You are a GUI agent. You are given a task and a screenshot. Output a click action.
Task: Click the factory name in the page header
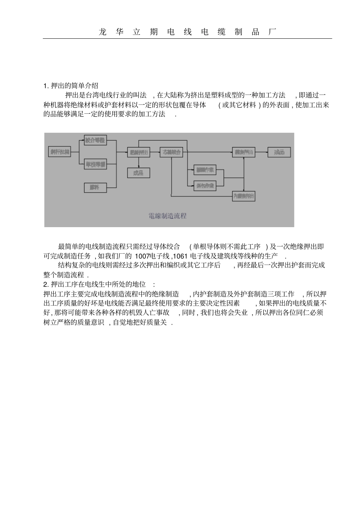pyautogui.click(x=187, y=32)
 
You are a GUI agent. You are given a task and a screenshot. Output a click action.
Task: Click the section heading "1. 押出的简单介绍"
pyautogui.click(x=71, y=85)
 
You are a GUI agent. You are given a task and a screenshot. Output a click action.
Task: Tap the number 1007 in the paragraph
pyautogui.click(x=142, y=256)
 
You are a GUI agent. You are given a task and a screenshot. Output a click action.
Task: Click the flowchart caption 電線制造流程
pyautogui.click(x=167, y=216)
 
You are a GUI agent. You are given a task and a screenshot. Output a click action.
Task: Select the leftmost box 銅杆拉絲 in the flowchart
pyautogui.click(x=59, y=152)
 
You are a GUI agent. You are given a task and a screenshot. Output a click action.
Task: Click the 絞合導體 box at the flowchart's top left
pyautogui.click(x=95, y=140)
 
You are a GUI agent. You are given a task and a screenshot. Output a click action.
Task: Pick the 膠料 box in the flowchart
pyautogui.click(x=95, y=187)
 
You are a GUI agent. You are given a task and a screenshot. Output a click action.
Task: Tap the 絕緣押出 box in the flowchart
pyautogui.click(x=138, y=152)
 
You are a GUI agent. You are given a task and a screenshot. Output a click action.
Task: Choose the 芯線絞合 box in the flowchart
pyautogui.click(x=171, y=152)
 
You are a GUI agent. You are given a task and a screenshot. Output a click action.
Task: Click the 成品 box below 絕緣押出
pyautogui.click(x=138, y=173)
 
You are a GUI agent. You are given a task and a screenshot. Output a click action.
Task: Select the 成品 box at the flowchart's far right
pyautogui.click(x=279, y=152)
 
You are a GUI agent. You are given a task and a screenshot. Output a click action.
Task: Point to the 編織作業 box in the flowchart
pyautogui.click(x=205, y=170)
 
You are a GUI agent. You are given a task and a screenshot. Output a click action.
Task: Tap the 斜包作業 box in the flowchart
pyautogui.click(x=205, y=186)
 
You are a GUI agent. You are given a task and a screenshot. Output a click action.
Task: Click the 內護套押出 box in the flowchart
pyautogui.click(x=243, y=196)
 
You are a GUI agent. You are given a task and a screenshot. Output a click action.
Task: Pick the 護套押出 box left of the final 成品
pyautogui.click(x=243, y=152)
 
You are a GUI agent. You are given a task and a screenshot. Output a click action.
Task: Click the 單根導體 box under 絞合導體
pyautogui.click(x=95, y=164)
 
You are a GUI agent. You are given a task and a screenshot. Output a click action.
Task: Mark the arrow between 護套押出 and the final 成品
pyautogui.click(x=261, y=152)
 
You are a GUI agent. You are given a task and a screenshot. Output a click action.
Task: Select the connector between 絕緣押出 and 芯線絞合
pyautogui.click(x=155, y=152)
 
